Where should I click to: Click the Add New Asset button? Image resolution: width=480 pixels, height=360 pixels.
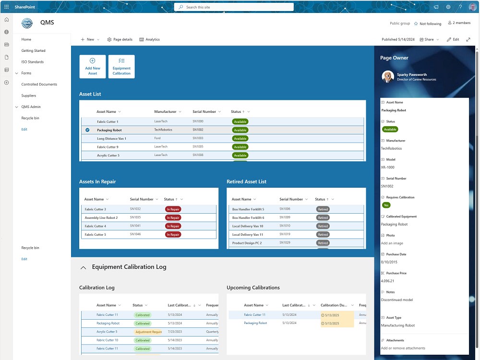click(x=93, y=66)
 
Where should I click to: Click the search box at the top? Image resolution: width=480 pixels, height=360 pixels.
click(x=234, y=7)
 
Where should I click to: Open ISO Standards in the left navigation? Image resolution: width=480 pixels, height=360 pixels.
click(x=33, y=62)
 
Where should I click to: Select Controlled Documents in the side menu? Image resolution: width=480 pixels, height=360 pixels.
click(x=39, y=84)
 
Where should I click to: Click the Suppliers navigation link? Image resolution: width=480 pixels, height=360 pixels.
click(x=29, y=96)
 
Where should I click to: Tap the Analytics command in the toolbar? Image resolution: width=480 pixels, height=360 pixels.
click(x=149, y=39)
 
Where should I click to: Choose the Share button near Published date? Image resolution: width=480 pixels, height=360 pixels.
click(x=429, y=39)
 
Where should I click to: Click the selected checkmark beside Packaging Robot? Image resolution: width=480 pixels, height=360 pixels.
click(x=87, y=130)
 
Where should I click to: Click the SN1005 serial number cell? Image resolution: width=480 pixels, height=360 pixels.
click(x=198, y=147)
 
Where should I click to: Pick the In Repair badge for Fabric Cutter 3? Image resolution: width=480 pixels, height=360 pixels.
click(x=173, y=209)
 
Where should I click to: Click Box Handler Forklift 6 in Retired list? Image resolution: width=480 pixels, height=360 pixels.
click(x=248, y=217)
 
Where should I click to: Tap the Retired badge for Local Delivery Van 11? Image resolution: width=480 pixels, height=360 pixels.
click(x=323, y=235)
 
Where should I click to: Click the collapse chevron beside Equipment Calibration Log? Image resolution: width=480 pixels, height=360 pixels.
click(x=83, y=267)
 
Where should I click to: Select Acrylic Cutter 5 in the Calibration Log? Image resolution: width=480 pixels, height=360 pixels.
click(x=107, y=332)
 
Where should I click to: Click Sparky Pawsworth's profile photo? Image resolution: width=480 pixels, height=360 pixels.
click(x=388, y=76)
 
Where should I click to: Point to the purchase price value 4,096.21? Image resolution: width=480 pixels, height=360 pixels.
click(x=387, y=281)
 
